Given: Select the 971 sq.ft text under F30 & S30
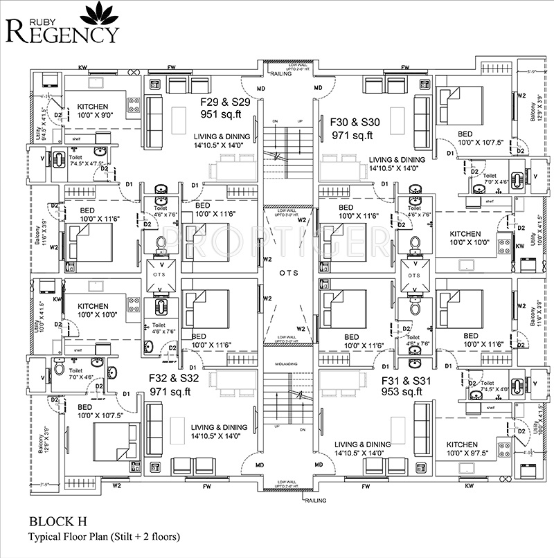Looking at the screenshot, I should coord(352,135).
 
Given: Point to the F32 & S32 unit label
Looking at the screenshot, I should coord(174,379).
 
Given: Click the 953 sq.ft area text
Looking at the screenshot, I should coord(402,392).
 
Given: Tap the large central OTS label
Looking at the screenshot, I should coord(289,273).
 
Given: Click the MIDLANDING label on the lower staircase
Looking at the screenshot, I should coord(289,367).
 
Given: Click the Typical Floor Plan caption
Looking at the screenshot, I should coord(104,537).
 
